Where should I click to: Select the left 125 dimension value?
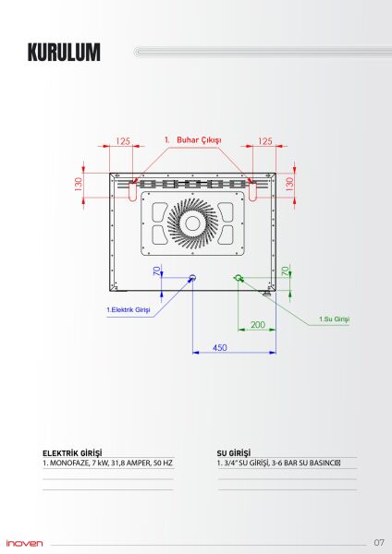pyautogui.click(x=123, y=141)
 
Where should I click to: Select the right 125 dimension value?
pyautogui.click(x=264, y=141)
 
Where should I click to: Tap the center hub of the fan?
pyautogui.click(x=194, y=225)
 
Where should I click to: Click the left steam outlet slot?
pyautogui.click(x=132, y=190)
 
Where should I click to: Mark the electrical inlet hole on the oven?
pyautogui.click(x=192, y=277)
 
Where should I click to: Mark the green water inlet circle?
pyautogui.click(x=239, y=277)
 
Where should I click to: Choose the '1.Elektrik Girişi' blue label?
pyautogui.click(x=129, y=309)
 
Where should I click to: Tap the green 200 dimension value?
pyautogui.click(x=257, y=325)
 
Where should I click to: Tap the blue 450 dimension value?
pyautogui.click(x=220, y=347)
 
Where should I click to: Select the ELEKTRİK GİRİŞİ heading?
pyautogui.click(x=72, y=453)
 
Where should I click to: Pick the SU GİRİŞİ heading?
pyautogui.click(x=233, y=453)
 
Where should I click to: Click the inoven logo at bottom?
pyautogui.click(x=24, y=542)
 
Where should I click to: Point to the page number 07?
pyautogui.click(x=379, y=541)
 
